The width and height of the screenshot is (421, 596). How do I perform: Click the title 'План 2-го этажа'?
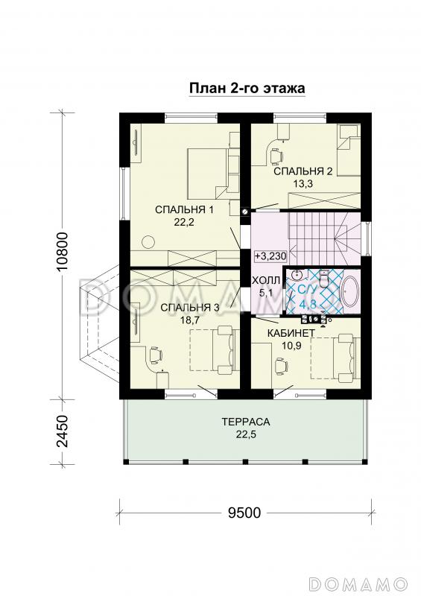(247, 88)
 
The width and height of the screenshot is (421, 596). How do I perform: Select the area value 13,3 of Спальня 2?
(303, 183)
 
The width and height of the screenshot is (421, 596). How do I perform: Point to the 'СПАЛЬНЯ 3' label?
(190, 308)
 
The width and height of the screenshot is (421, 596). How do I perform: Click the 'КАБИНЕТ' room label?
(291, 333)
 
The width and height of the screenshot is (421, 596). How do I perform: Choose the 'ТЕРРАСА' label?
(246, 422)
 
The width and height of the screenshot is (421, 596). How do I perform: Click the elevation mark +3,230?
(270, 256)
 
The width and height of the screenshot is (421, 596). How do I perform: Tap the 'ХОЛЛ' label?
(266, 281)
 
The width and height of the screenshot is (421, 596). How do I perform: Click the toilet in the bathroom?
(324, 279)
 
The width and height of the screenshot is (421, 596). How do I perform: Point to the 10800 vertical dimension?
(63, 251)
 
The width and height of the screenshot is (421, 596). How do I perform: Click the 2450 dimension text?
(63, 431)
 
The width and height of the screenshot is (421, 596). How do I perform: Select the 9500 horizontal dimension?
(244, 513)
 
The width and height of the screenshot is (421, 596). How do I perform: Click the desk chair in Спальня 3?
(155, 354)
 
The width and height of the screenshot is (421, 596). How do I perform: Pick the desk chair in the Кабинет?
(281, 364)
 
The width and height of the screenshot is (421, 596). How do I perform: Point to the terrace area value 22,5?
(246, 434)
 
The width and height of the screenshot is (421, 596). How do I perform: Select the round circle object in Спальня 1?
(148, 241)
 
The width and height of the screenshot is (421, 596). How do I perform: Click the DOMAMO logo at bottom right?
(358, 583)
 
